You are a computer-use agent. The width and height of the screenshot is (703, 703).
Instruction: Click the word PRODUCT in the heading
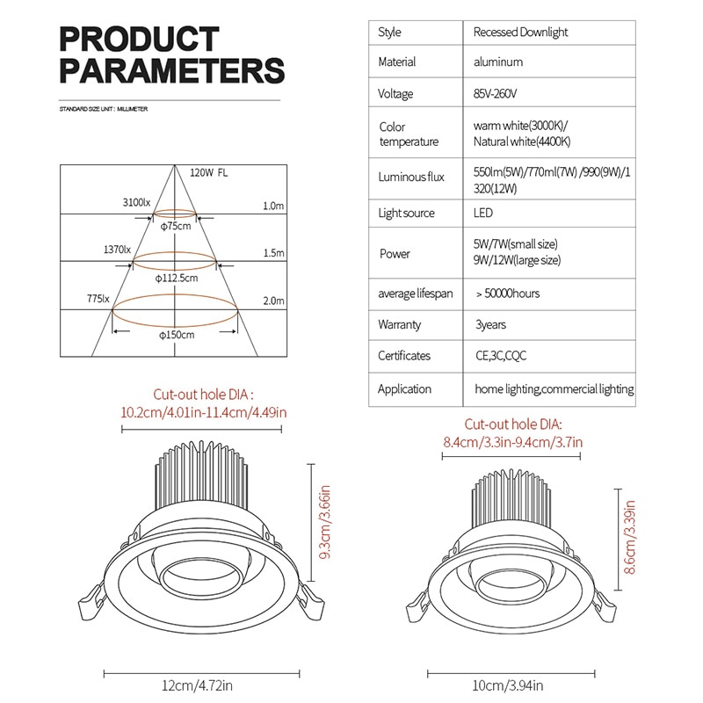point(139,39)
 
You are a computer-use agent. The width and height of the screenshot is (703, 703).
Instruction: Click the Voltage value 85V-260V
point(495,94)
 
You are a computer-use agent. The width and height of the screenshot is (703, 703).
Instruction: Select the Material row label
point(397,62)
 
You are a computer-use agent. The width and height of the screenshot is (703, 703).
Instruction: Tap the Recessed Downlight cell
point(520,33)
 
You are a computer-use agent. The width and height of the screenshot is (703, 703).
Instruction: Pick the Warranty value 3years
point(490,324)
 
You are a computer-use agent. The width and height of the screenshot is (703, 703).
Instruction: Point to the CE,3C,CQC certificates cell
point(501,356)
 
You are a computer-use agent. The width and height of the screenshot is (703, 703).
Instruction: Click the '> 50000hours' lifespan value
point(508,294)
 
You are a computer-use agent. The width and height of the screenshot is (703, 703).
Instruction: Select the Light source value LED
point(482,213)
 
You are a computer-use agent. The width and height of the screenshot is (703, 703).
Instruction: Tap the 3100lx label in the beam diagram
point(137,203)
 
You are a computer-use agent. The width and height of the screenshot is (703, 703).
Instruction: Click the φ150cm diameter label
point(177,335)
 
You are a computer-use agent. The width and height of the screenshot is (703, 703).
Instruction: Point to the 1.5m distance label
point(273,253)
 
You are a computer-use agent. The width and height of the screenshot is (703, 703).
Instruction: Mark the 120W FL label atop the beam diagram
point(208,173)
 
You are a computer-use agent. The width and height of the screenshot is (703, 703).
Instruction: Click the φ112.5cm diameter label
point(177,279)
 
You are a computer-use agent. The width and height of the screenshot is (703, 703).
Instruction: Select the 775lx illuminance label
point(98,299)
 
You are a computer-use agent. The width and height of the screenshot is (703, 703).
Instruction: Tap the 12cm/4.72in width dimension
point(197,685)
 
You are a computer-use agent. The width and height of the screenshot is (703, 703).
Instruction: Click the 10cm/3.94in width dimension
point(508,685)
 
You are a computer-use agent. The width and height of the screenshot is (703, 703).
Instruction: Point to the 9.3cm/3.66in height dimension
point(324,522)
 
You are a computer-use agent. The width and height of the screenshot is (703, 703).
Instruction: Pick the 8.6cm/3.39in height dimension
point(630,538)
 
